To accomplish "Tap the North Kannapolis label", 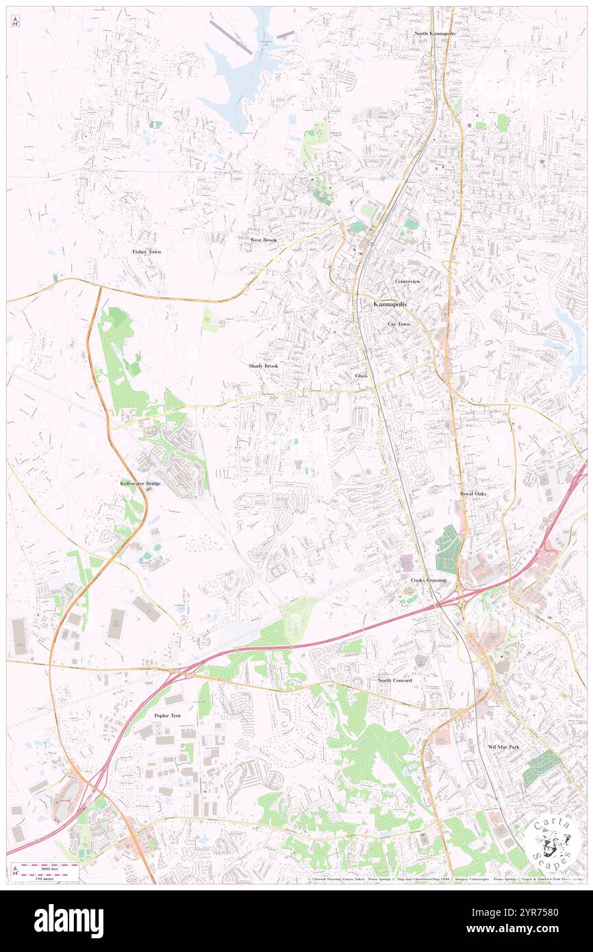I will pyautogui.click(x=434, y=34).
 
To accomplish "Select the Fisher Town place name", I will pyautogui.click(x=147, y=252).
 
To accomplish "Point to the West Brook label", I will pyautogui.click(x=264, y=240).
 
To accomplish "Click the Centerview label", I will pyautogui.click(x=407, y=281).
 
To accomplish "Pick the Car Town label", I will pyautogui.click(x=399, y=324).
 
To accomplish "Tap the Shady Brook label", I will pyautogui.click(x=264, y=366).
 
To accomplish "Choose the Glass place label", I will pyautogui.click(x=361, y=376).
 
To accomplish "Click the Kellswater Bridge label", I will pyautogui.click(x=140, y=484).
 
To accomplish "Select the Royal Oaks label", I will pyautogui.click(x=473, y=493).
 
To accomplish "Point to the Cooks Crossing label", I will pyautogui.click(x=429, y=580).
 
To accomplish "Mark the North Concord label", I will pyautogui.click(x=395, y=680).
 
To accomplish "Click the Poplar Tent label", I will pyautogui.click(x=168, y=716).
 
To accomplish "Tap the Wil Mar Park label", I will pyautogui.click(x=503, y=747).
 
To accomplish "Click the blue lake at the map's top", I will pyautogui.click(x=236, y=72).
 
